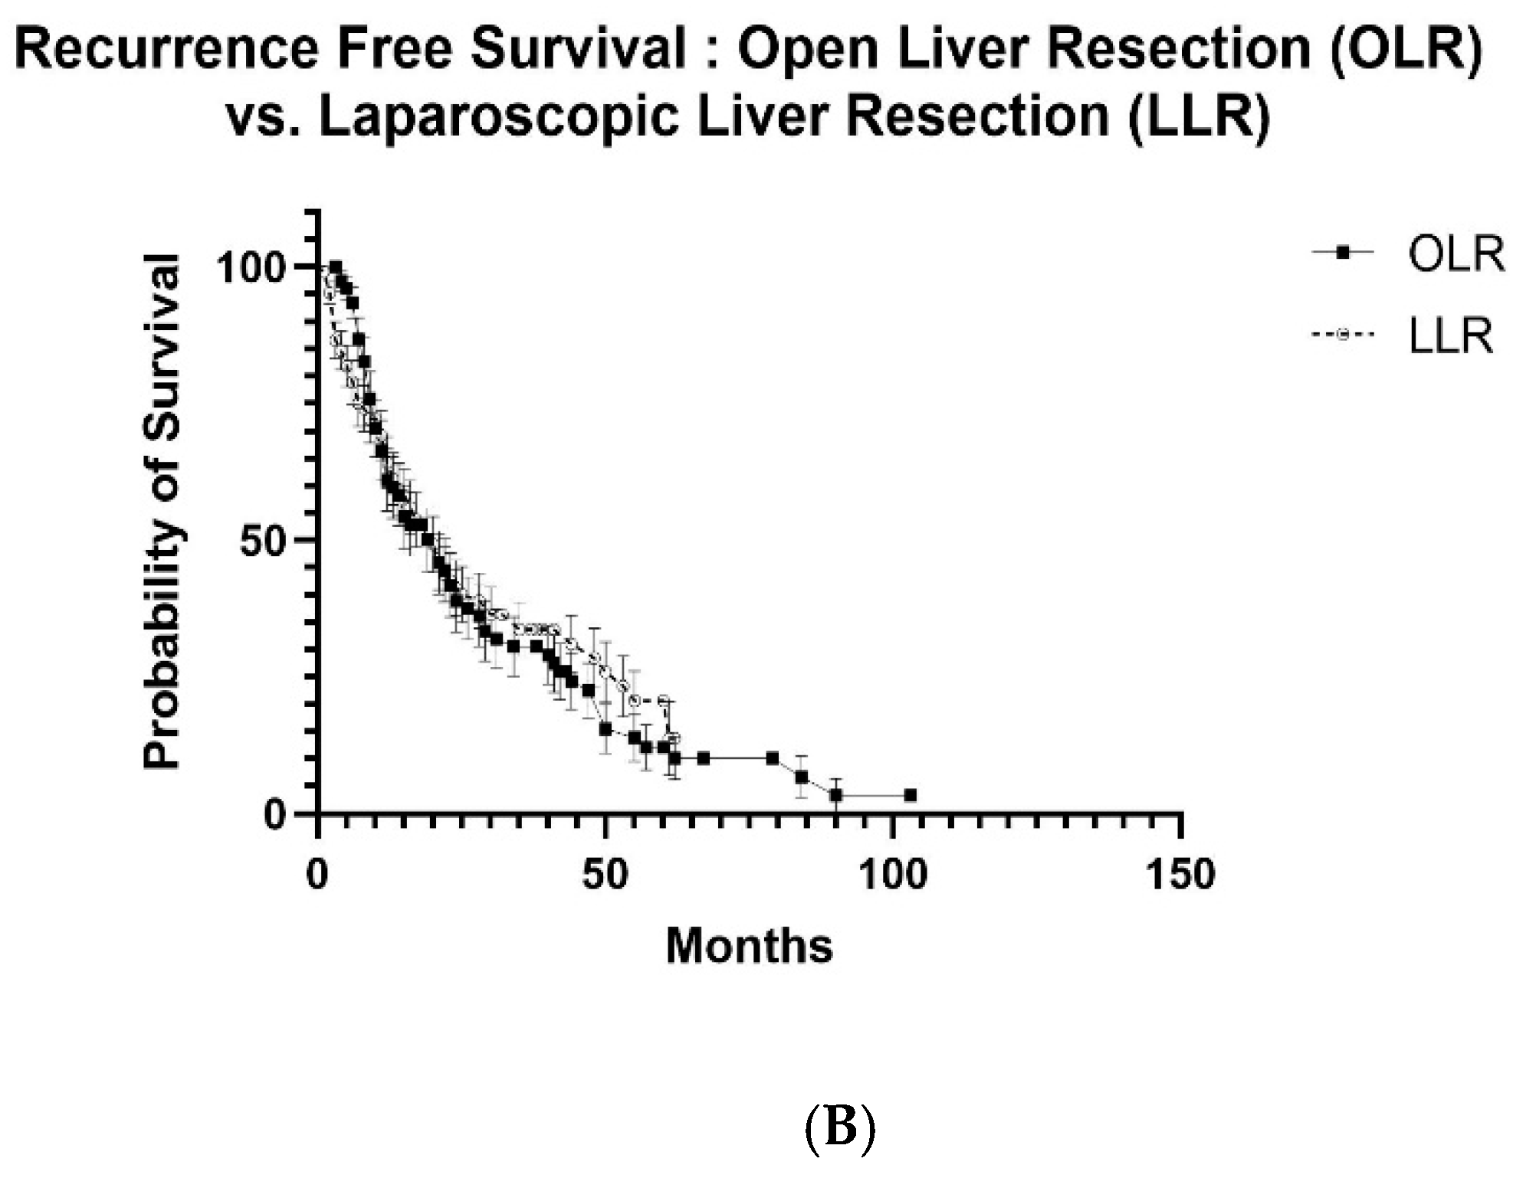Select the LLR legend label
click(x=1451, y=336)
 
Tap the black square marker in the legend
click(x=1342, y=252)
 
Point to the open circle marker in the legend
click(x=1342, y=335)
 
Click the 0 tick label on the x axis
click(x=317, y=874)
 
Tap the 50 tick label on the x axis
click(x=605, y=874)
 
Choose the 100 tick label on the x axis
click(x=893, y=874)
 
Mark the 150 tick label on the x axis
click(x=1180, y=874)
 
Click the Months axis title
click(x=749, y=945)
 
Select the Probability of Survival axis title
click(x=162, y=511)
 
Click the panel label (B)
click(x=839, y=1130)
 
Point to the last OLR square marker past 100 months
click(x=910, y=795)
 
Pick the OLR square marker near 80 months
click(x=773, y=758)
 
